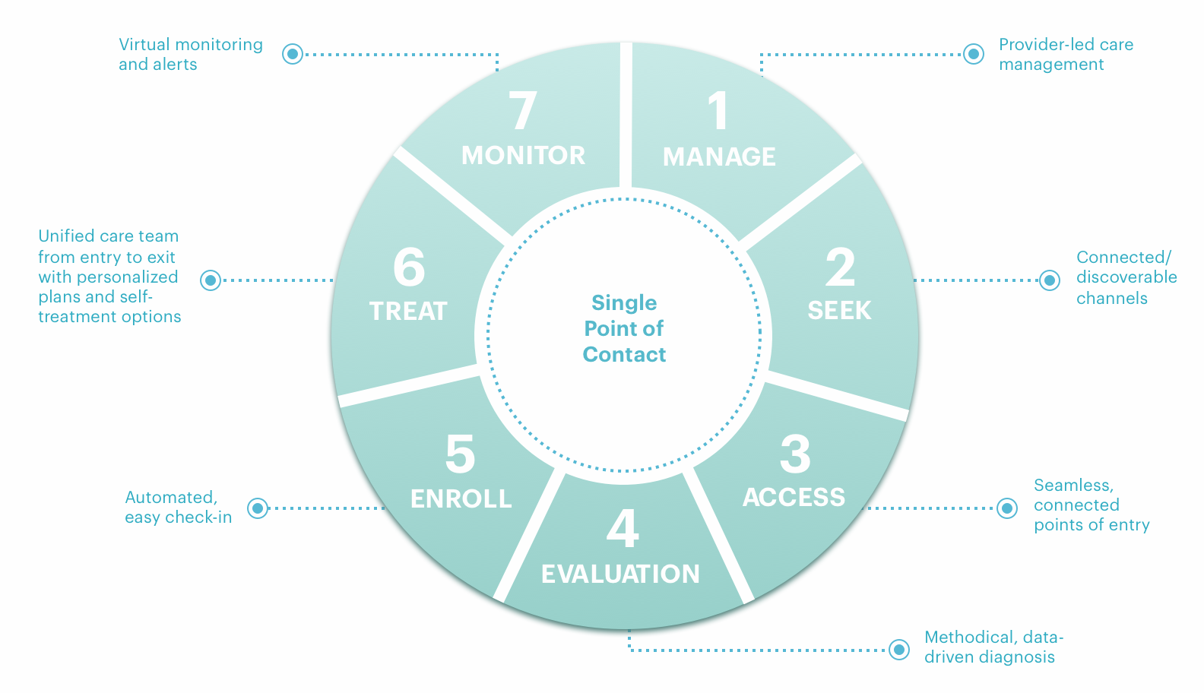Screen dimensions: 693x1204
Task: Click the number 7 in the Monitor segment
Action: pos(523,112)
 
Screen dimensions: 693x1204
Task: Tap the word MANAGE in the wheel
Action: pos(719,157)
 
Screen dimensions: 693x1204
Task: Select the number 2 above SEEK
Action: pos(840,268)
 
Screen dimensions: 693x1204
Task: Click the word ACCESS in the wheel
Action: pos(794,497)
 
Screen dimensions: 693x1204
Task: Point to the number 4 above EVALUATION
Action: pos(622,529)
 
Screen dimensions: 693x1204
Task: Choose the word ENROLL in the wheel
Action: pos(461,498)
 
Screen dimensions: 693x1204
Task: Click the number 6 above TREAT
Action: pos(409,267)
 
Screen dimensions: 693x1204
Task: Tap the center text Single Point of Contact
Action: pos(624,328)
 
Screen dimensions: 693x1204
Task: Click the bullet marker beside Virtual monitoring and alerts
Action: pos(293,54)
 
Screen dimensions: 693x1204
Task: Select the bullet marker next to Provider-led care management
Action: pos(974,54)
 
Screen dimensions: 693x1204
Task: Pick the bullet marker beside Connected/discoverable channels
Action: pos(1050,280)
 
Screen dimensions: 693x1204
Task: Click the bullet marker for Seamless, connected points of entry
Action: pos(1007,508)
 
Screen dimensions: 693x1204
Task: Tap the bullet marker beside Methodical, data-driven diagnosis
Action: pos(899,650)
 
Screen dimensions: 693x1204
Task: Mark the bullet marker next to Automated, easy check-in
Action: pos(258,508)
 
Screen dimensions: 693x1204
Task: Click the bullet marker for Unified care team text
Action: pos(211,280)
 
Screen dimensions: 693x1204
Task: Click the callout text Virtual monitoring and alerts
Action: pos(190,55)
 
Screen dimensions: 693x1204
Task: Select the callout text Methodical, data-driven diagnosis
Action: pos(992,647)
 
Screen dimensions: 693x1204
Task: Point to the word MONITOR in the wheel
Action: pos(523,156)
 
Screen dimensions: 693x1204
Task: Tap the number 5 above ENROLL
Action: pos(460,454)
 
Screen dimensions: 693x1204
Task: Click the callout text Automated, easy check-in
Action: pos(178,508)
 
